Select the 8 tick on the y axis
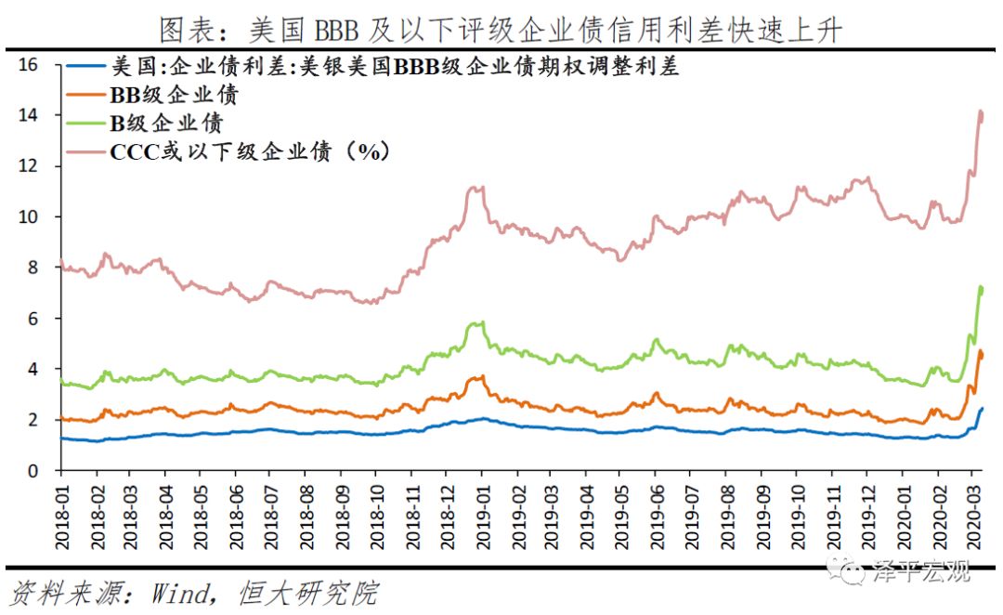33,268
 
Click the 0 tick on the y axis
33,471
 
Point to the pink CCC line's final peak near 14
981,112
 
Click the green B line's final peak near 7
981,288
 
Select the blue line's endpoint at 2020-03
983,409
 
